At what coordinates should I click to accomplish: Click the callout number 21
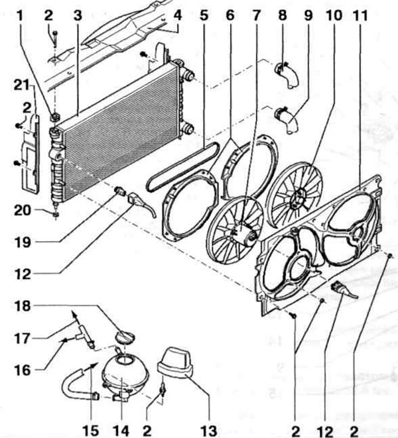(22, 85)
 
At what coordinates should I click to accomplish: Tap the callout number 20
(23, 210)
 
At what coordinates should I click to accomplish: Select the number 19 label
(23, 242)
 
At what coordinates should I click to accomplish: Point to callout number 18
(23, 306)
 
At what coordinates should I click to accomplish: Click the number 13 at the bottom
(209, 431)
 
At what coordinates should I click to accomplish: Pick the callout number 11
(360, 15)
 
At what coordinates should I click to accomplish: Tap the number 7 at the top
(257, 15)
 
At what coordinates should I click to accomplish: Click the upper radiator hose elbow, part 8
(287, 74)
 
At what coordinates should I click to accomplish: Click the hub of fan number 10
(300, 198)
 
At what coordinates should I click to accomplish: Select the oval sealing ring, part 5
(182, 167)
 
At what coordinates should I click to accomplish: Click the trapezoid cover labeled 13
(176, 362)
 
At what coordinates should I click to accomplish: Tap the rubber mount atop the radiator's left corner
(54, 117)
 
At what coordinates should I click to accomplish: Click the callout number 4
(177, 15)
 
